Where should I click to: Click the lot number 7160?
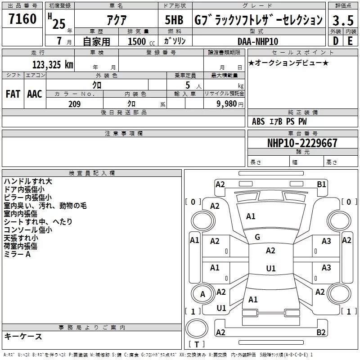click(x=22, y=18)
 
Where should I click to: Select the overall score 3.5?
click(x=343, y=20)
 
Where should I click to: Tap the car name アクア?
click(x=117, y=20)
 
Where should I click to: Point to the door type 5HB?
click(x=174, y=20)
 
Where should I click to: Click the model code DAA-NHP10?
click(x=258, y=41)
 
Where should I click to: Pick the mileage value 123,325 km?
click(x=53, y=64)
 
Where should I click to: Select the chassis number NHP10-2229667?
click(x=302, y=143)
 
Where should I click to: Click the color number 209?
click(x=74, y=104)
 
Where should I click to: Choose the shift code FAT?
click(x=13, y=94)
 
